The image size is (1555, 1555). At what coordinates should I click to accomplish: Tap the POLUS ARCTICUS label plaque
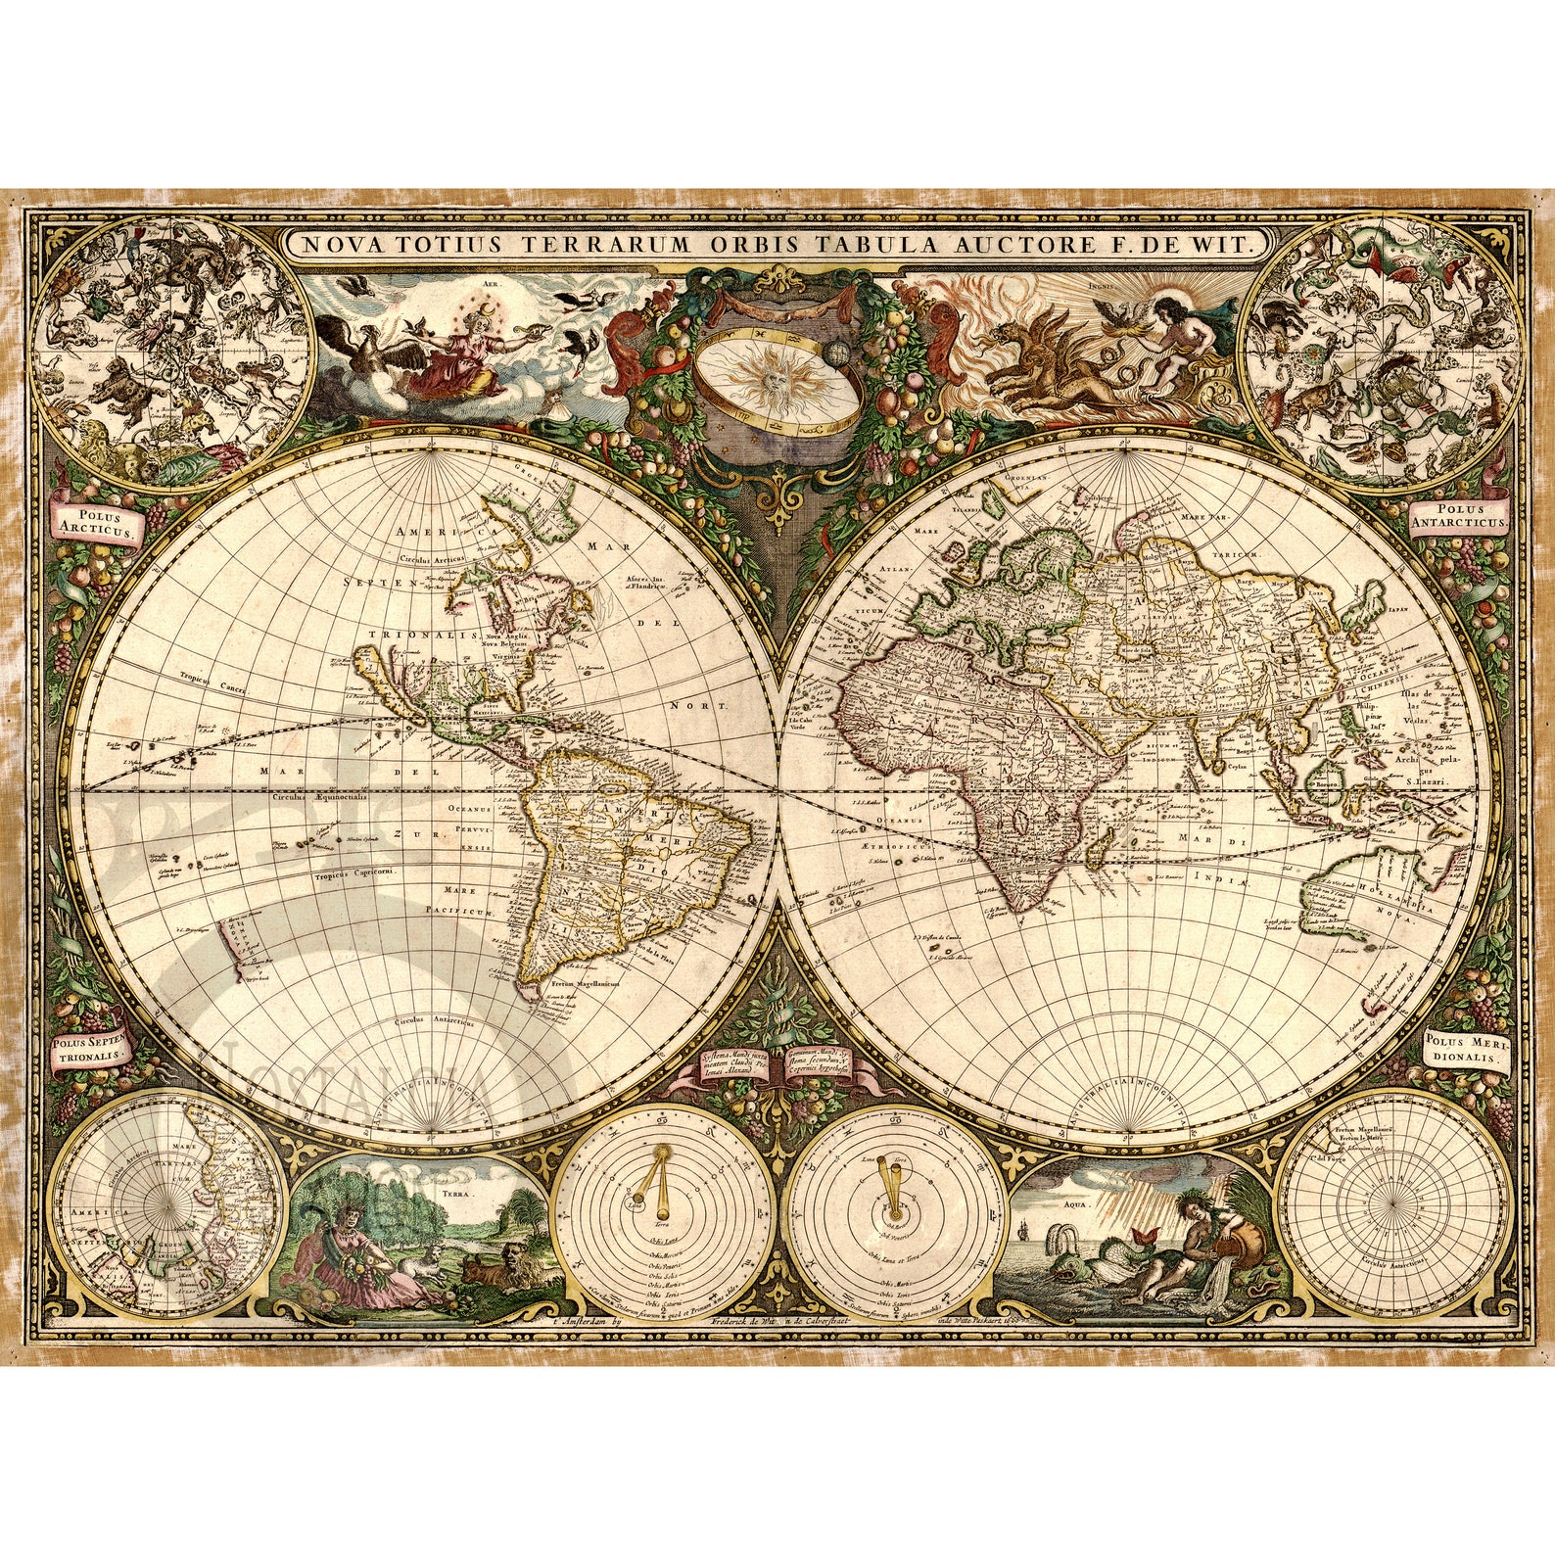click(x=98, y=524)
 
